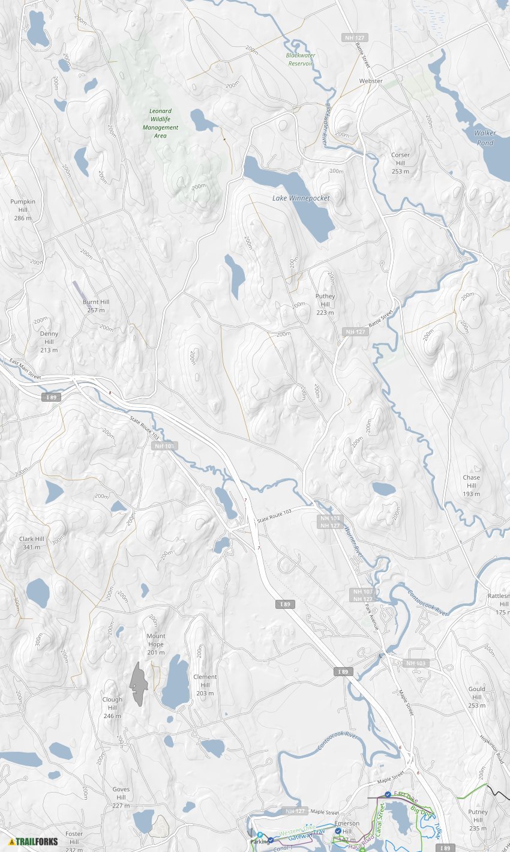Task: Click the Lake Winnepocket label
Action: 301,198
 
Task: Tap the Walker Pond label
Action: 485,137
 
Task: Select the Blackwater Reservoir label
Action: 301,59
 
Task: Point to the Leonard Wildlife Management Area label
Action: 160,123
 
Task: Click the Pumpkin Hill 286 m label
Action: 23,210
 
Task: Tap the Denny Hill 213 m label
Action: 49,341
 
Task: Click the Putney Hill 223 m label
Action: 325,304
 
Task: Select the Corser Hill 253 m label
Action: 400,163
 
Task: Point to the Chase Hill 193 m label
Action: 471,485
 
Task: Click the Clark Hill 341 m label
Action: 32,543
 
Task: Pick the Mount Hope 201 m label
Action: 155,644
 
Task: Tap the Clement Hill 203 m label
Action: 205,684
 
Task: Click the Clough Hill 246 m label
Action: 112,707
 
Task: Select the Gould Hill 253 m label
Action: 476,696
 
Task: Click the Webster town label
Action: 370,80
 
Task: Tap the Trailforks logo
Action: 34,841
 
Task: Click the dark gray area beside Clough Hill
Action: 138,684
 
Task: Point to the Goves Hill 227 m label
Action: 121,797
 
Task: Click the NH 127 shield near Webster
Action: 355,37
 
